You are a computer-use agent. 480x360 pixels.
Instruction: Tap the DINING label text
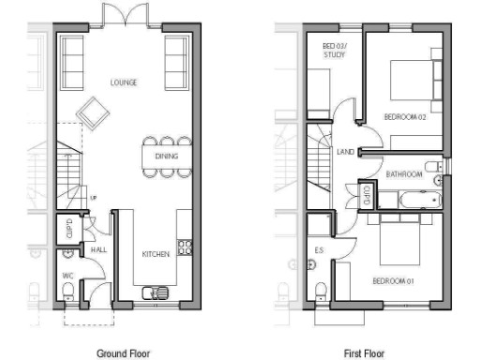[x=167, y=157]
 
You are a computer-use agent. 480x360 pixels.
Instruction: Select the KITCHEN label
[x=156, y=254]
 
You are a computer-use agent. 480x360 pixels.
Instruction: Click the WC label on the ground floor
[x=67, y=275]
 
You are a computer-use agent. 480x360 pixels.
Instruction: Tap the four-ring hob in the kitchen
[x=185, y=248]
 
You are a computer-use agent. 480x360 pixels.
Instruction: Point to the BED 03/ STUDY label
[x=334, y=51]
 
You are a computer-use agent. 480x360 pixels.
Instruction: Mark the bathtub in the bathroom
[x=412, y=199]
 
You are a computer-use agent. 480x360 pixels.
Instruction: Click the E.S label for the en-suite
[x=319, y=249]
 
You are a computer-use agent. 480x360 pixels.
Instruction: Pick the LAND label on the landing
[x=345, y=152]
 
